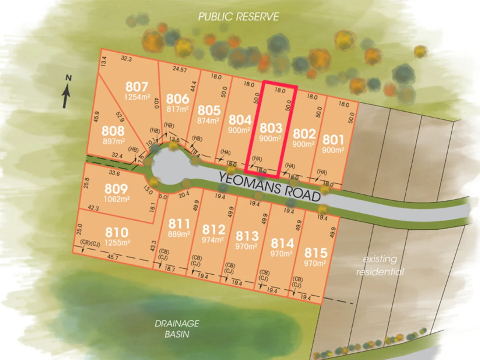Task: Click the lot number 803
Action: (271, 128)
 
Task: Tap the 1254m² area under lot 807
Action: (136, 97)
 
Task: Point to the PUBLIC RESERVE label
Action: (238, 17)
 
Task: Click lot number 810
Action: (116, 232)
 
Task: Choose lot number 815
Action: (316, 253)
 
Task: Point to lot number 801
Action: (333, 140)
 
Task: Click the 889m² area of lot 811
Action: (179, 235)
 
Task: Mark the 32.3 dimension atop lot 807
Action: (126, 59)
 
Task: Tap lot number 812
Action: (213, 230)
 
